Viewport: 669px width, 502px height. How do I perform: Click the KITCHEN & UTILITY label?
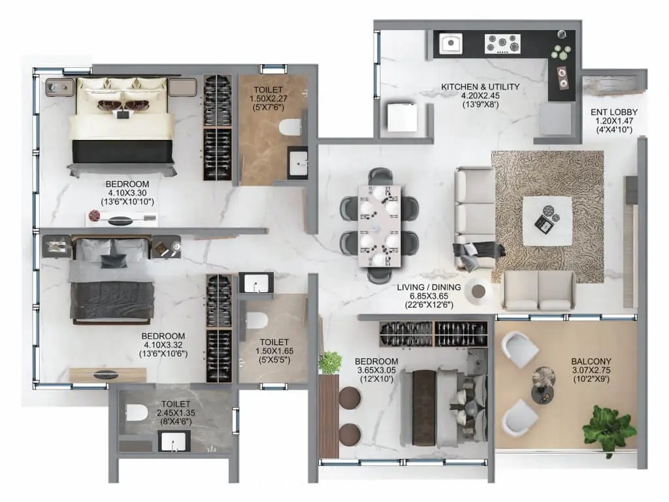click(x=480, y=87)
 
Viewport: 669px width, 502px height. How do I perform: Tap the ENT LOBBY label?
click(x=614, y=112)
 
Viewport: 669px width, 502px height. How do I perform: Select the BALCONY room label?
click(x=591, y=361)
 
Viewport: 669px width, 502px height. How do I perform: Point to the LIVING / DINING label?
click(x=429, y=288)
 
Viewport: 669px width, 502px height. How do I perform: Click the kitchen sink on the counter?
click(x=451, y=43)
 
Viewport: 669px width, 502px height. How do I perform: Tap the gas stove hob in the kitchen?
click(x=502, y=44)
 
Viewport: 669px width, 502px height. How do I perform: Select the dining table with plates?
click(x=380, y=226)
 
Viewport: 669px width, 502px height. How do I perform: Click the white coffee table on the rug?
click(x=547, y=221)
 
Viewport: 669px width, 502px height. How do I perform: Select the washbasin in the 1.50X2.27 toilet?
click(x=297, y=162)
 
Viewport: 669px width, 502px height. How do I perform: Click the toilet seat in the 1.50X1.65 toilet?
click(x=257, y=320)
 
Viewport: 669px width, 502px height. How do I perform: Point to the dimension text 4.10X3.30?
click(x=127, y=193)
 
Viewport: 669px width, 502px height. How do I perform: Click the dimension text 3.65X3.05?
click(x=376, y=370)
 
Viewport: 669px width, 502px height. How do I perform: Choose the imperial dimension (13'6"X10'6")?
click(x=163, y=354)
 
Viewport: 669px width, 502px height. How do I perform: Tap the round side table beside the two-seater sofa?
click(x=478, y=291)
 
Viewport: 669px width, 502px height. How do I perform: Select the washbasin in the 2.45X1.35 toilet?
click(x=174, y=441)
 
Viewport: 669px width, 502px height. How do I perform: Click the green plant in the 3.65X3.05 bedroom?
click(x=330, y=363)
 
